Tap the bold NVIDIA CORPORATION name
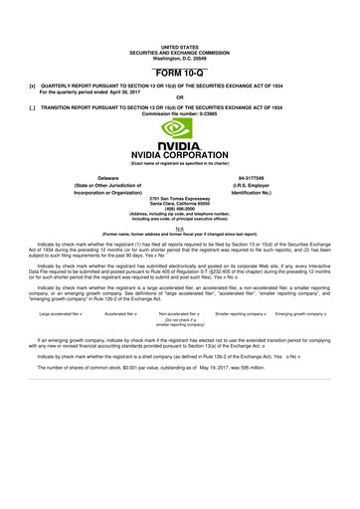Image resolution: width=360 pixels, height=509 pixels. (x=179, y=156)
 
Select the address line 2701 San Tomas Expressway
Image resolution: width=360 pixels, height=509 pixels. (x=179, y=202)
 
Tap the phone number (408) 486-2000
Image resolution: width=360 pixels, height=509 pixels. (x=179, y=213)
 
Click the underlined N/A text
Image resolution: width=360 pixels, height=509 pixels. (x=179, y=228)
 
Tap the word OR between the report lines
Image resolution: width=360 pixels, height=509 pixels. (x=179, y=97)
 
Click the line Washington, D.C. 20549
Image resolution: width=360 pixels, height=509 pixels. (x=179, y=57)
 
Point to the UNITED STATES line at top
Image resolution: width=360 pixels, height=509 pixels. (x=179, y=47)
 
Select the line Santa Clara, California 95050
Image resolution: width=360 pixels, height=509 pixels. (x=179, y=207)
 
